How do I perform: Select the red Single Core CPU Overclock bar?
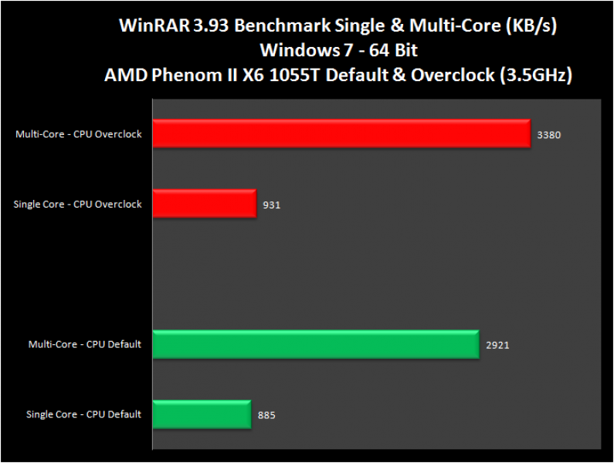pos(204,204)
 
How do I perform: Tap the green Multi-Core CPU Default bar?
pos(316,344)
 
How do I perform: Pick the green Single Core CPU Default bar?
pos(202,414)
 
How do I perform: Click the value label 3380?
pos(548,135)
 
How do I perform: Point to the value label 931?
pos(271,205)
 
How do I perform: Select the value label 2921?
pos(497,345)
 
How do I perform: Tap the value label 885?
pos(266,415)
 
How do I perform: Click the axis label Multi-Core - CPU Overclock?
pos(78,134)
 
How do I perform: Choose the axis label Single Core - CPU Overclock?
pos(77,204)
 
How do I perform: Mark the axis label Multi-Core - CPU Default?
pos(84,344)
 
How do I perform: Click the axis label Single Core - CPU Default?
pos(83,414)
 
